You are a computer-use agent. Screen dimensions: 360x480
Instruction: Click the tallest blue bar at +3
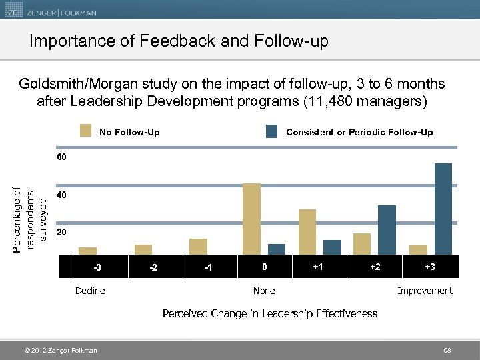point(443,209)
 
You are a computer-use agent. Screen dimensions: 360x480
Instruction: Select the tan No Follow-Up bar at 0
point(251,219)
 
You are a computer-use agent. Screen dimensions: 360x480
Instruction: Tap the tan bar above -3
point(87,251)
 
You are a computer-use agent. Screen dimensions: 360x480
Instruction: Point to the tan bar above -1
point(198,246)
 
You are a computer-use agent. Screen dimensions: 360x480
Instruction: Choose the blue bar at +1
point(332,247)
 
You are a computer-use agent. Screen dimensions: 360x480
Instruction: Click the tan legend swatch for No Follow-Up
point(85,131)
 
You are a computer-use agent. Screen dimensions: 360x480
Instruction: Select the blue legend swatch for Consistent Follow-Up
point(271,131)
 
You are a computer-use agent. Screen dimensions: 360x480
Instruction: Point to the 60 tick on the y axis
point(61,157)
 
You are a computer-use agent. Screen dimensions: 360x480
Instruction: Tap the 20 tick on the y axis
point(61,233)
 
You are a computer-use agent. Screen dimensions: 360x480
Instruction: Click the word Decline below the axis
point(90,291)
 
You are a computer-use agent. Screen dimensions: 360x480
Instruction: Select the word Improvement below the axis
point(425,291)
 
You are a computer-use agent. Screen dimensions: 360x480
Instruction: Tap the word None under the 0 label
point(264,291)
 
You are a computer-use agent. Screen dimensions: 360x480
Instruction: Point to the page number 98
point(447,351)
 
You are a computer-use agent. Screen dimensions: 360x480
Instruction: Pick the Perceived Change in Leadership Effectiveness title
point(270,313)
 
